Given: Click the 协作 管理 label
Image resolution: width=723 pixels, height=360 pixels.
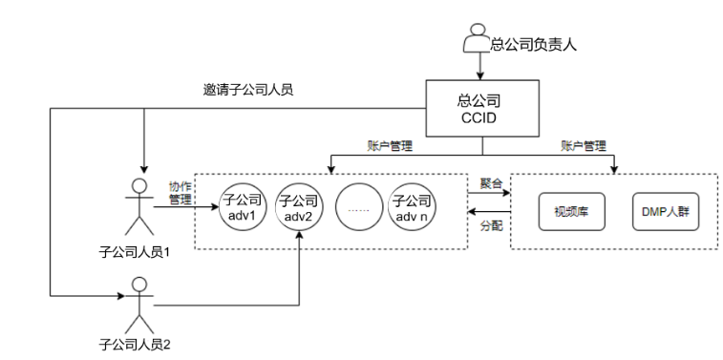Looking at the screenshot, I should (x=181, y=194).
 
